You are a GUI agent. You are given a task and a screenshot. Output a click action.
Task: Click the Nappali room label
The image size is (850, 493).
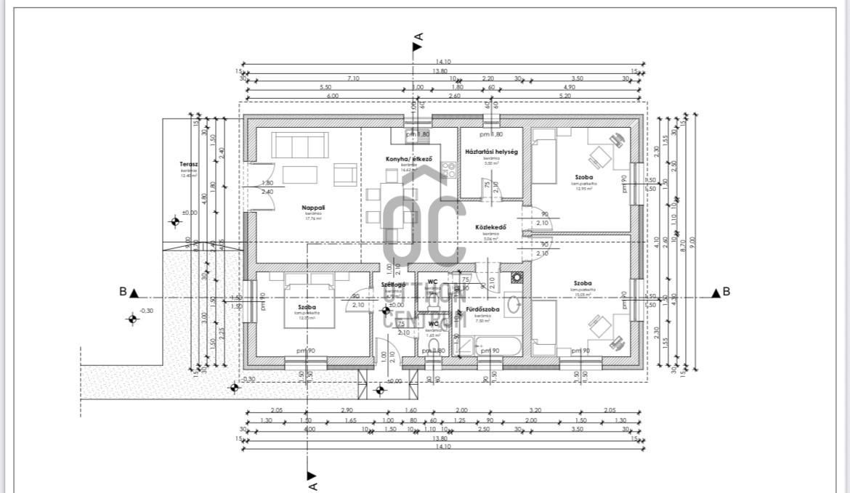pos(312,207)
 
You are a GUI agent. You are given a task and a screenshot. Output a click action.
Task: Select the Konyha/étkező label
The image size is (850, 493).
pos(409,159)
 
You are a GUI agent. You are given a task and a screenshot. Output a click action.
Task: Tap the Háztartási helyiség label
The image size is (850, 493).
pos(490,152)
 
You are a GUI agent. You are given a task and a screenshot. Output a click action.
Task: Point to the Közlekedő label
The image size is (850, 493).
pos(490,227)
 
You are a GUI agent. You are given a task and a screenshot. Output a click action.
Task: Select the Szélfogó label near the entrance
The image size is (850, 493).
pos(393,285)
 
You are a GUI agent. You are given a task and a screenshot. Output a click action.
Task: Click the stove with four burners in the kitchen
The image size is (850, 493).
pos(449,171)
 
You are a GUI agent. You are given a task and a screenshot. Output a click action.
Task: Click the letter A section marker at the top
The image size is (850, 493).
pos(418,36)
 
